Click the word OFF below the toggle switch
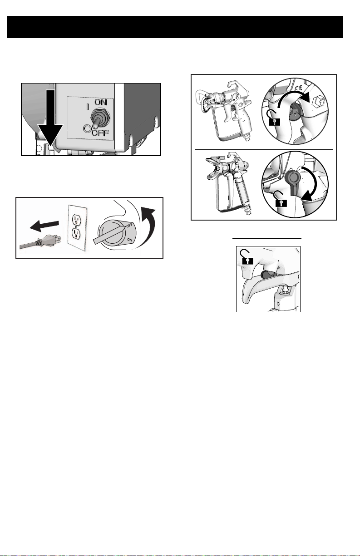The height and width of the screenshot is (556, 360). (100, 133)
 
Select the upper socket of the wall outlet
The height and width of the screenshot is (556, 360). (76, 219)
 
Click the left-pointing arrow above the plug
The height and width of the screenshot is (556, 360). (44, 226)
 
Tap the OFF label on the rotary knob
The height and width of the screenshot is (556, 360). (129, 226)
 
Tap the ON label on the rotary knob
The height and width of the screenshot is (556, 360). (129, 240)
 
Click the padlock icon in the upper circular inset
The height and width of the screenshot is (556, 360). (274, 118)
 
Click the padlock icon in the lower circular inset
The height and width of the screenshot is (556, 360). (280, 199)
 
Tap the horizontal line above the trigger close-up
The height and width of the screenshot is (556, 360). (267, 238)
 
